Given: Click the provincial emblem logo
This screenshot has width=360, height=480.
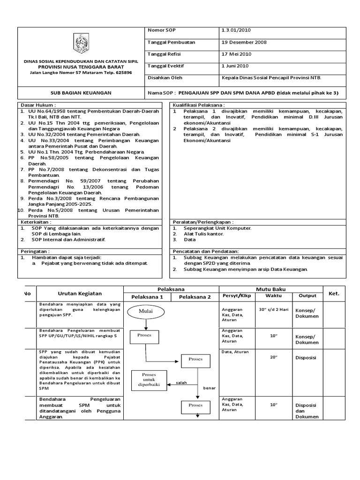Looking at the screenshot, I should (81, 44).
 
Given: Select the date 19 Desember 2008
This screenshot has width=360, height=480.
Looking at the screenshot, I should (244, 42).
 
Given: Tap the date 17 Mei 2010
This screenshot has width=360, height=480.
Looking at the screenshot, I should (237, 54).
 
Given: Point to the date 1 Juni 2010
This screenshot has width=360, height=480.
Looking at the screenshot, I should (236, 66).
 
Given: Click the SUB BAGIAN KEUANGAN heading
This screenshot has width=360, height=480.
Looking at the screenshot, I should (81, 93).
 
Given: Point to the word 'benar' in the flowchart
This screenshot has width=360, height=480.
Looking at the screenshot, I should (209, 388).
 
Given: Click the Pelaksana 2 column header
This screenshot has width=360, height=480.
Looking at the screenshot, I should (195, 297).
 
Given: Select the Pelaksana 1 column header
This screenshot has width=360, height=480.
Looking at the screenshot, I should (147, 297).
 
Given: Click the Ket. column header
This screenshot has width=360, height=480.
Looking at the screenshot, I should (334, 293).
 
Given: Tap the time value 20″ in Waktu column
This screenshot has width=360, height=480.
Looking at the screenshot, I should (274, 357).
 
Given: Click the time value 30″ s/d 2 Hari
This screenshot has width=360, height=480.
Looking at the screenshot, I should (274, 309).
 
